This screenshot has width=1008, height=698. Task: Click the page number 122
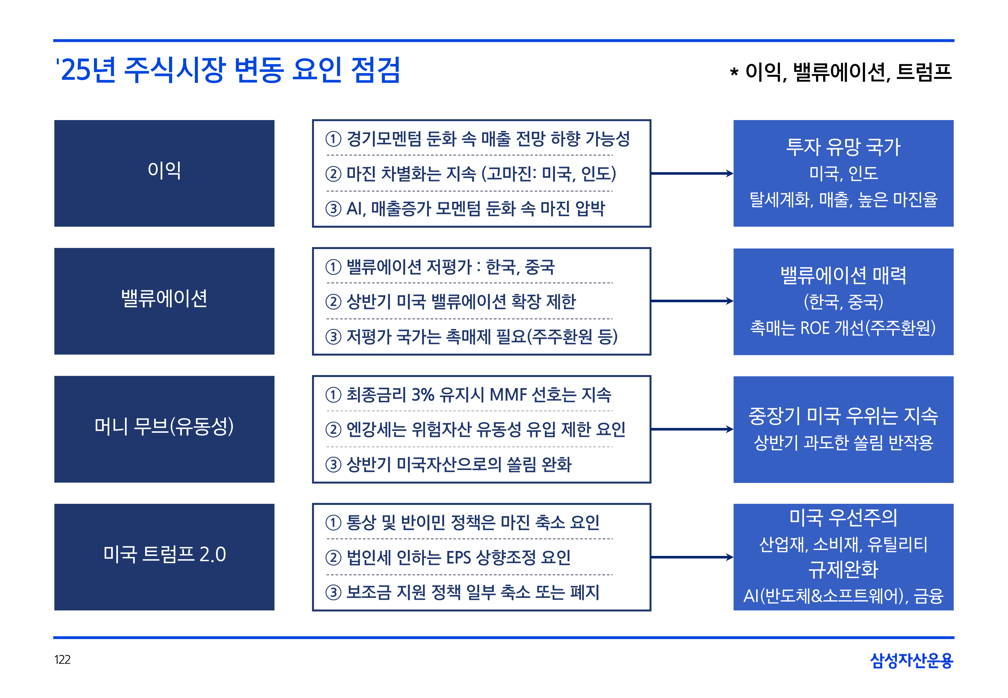(62, 660)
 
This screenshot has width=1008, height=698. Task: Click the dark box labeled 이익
(164, 173)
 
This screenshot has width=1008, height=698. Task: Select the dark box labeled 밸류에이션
(164, 301)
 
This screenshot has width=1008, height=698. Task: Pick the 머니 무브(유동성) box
(164, 429)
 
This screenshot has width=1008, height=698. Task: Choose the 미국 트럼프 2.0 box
(164, 557)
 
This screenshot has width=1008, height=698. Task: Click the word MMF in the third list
(508, 395)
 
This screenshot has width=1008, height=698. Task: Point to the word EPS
(458, 557)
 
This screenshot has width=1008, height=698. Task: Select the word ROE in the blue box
(815, 328)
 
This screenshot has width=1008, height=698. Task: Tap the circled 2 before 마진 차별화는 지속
(333, 174)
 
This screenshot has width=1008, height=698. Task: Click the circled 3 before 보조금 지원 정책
(333, 593)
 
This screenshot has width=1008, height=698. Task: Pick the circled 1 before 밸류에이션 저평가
(333, 267)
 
